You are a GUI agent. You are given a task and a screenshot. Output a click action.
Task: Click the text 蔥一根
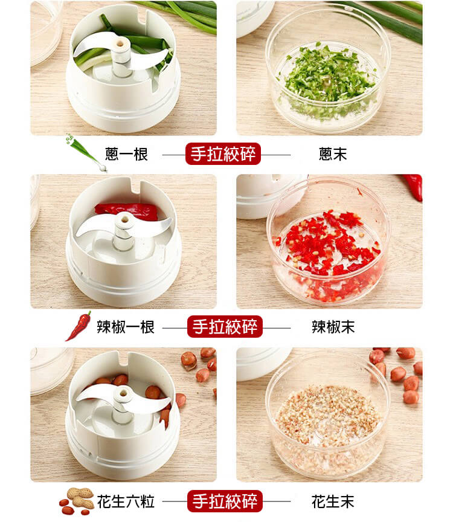pos(126,154)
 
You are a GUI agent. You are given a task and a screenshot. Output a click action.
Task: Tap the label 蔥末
pos(333,154)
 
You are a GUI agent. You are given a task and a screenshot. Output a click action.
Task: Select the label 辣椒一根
pos(126,327)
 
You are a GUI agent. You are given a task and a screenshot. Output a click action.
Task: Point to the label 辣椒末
pos(333,327)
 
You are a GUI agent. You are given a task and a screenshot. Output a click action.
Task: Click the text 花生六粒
pos(126,501)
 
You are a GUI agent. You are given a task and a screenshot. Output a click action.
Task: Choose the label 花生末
pos(333,501)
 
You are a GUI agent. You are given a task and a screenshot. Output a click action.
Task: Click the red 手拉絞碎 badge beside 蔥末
pos(223,154)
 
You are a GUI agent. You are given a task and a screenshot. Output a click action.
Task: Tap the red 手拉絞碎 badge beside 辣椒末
pos(225,327)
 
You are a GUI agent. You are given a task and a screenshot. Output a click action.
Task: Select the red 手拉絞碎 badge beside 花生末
pos(225,501)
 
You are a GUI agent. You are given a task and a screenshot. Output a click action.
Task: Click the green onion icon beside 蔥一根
pos(86,152)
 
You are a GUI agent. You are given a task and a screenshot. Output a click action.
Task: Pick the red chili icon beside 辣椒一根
pos(79,326)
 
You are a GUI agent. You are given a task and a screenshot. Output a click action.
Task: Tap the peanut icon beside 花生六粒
pos(77,501)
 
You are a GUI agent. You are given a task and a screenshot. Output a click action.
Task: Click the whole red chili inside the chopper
pos(126,211)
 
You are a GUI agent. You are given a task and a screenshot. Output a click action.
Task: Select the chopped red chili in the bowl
pos(328,253)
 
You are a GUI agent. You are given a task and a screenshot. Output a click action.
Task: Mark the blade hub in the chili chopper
pos(124,230)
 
